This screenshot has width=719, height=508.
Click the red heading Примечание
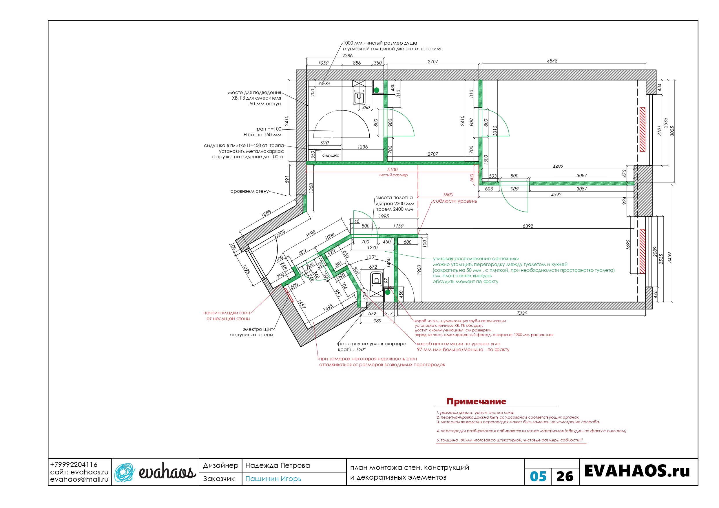(476, 401)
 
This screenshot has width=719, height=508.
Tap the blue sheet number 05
(538, 477)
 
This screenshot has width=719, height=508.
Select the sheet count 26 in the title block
(565, 477)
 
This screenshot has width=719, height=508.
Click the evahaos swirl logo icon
(124, 472)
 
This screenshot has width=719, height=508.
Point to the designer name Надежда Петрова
(278, 465)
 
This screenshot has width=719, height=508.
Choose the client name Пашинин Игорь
(273, 478)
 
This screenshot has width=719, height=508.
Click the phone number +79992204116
(74, 465)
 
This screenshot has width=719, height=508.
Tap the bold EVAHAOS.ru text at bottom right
(637, 471)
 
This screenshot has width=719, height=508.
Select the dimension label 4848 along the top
(552, 61)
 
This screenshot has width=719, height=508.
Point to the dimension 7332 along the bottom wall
(522, 313)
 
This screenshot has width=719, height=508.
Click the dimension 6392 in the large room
(528, 226)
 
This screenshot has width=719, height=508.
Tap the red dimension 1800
(448, 195)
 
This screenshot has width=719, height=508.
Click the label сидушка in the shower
(331, 155)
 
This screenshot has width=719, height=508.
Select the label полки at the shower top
(324, 83)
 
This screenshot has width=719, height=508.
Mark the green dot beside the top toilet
(377, 90)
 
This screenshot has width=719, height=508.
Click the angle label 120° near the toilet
(371, 257)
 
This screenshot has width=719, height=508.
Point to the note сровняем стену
(250, 191)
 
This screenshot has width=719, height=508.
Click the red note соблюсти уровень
(455, 201)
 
